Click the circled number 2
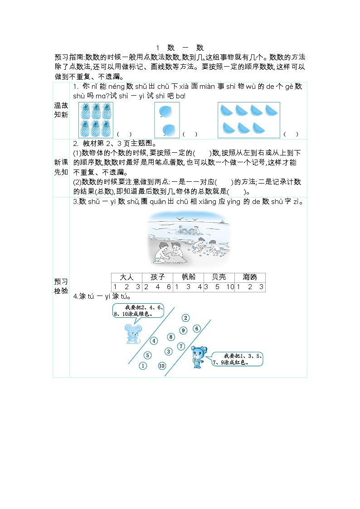185,318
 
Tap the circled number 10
162,366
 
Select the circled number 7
181,346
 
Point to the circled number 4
154,341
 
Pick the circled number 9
183,330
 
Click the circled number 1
143,366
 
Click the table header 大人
126,277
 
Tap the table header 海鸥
250,277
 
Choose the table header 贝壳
219,277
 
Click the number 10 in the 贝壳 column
230,287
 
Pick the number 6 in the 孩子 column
169,287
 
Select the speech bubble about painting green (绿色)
138,310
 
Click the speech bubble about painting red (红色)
238,359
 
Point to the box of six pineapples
96,120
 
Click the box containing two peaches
167,120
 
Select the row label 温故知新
61,110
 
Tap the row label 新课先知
61,168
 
